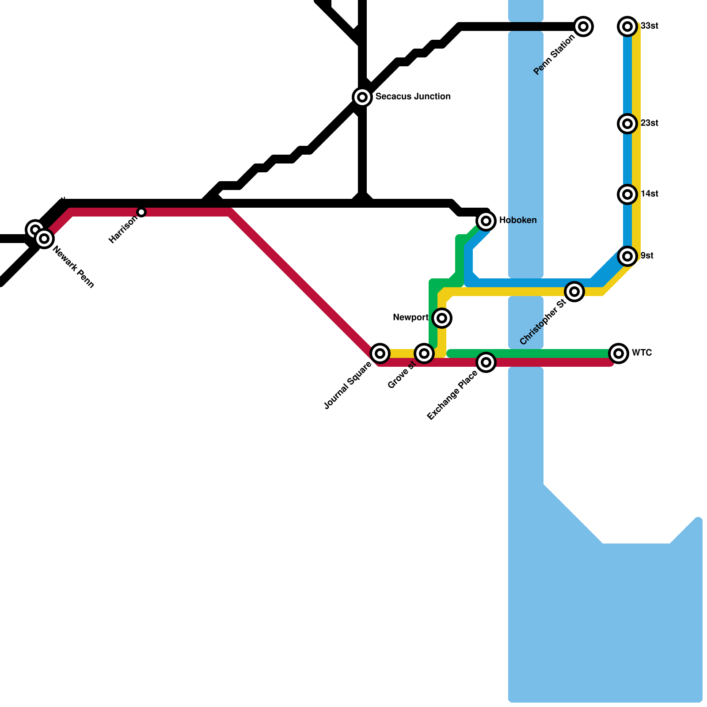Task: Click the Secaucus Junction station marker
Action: [x=362, y=97]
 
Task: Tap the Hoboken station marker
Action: [x=486, y=220]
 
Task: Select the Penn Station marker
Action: [x=583, y=27]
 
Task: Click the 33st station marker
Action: [x=627, y=27]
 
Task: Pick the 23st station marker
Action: [x=627, y=124]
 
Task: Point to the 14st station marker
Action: [x=627, y=194]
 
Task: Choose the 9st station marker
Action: [x=627, y=256]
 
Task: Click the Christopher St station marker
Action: [x=574, y=292]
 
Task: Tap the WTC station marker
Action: [x=619, y=353]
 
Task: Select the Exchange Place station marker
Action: [x=486, y=362]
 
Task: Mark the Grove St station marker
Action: [x=424, y=353]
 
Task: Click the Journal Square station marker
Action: [x=380, y=353]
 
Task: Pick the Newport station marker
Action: [x=442, y=318]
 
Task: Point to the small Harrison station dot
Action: [x=141, y=212]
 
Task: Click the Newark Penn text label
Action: [x=73, y=267]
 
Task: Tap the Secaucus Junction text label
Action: [x=413, y=96]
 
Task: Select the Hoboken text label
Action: [x=518, y=220]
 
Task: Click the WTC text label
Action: [x=642, y=353]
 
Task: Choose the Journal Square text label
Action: [x=348, y=385]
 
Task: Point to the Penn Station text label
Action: [x=554, y=55]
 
